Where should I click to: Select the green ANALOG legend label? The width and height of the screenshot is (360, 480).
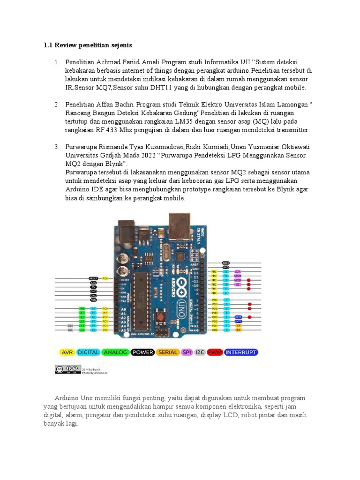(115, 352)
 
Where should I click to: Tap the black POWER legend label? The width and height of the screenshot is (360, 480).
(142, 352)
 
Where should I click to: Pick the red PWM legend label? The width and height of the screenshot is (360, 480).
(215, 352)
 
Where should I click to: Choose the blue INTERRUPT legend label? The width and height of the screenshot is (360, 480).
(241, 352)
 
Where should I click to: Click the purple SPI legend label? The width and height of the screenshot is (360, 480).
(187, 352)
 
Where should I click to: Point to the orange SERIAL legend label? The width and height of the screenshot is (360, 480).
(168, 352)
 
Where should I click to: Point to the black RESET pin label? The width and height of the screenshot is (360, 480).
(93, 278)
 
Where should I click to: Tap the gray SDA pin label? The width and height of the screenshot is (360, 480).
(70, 325)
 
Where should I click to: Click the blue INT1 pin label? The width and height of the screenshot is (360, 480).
(238, 317)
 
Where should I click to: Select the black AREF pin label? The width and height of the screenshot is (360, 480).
(226, 263)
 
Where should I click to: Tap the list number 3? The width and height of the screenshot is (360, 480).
(56, 147)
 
